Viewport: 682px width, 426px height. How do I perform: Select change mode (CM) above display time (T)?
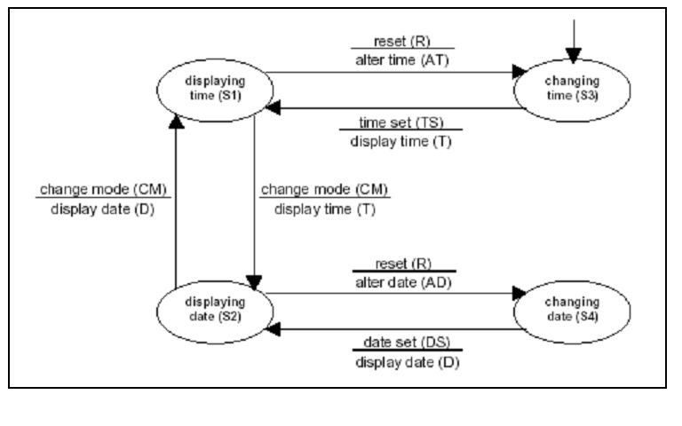(x=324, y=191)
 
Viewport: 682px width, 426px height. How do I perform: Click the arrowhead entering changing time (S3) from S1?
(x=514, y=75)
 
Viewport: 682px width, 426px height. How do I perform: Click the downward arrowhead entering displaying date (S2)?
(x=256, y=281)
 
